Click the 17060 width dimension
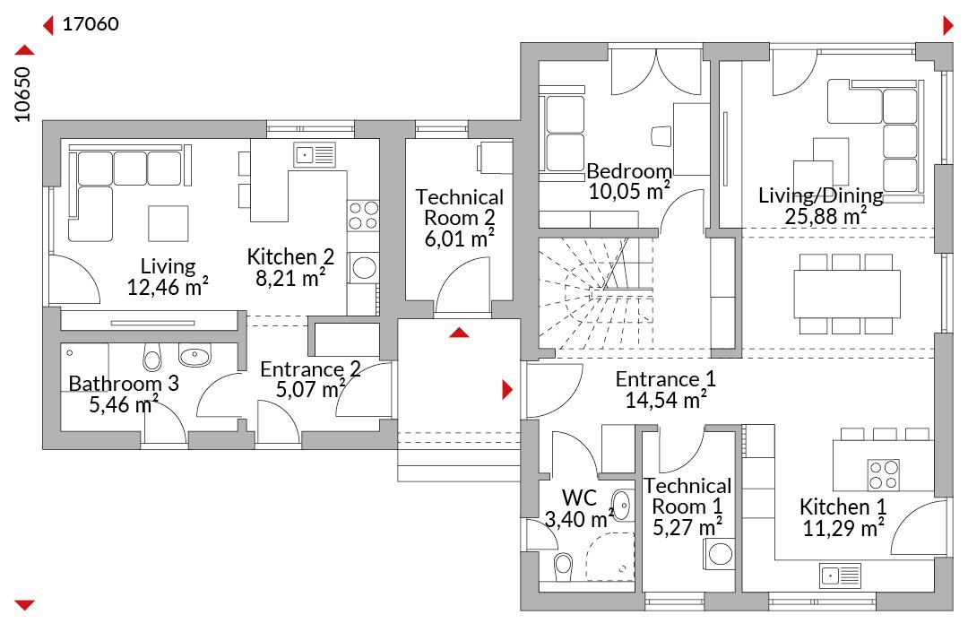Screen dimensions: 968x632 (x=91, y=24)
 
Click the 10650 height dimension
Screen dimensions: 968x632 (x=22, y=94)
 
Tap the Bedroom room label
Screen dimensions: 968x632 (x=629, y=170)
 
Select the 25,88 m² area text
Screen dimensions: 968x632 (x=825, y=216)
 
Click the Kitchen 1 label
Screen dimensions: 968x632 (x=843, y=506)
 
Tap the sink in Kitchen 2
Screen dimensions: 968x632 (x=315, y=154)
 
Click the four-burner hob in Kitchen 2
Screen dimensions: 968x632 (x=363, y=215)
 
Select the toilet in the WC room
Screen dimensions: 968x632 (x=562, y=566)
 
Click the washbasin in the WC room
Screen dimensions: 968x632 (x=622, y=506)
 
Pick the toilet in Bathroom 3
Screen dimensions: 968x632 (x=151, y=356)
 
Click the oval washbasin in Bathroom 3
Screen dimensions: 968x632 (x=194, y=355)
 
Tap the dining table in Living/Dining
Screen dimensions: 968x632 (x=846, y=293)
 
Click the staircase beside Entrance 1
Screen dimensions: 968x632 (x=596, y=292)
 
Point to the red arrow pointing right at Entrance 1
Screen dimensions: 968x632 (x=507, y=389)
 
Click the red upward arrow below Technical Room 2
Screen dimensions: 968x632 (x=459, y=333)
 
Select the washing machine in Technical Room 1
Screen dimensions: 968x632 (x=719, y=554)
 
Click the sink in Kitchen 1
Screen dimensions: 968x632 (x=840, y=576)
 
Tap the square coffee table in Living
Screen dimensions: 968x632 (x=168, y=223)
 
